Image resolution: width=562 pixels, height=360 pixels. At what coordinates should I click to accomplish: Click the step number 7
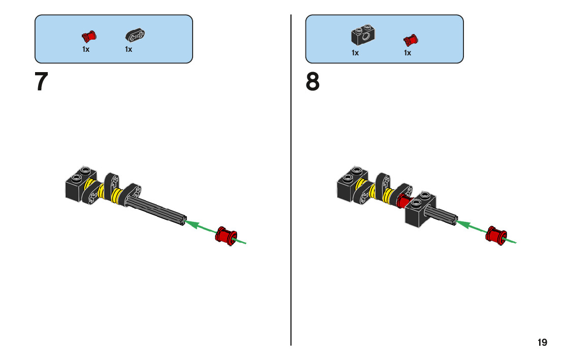(41, 82)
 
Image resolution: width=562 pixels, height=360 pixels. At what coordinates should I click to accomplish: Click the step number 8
(313, 82)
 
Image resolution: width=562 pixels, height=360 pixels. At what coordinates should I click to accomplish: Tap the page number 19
(542, 342)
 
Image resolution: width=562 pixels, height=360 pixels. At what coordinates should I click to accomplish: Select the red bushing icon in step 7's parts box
(89, 37)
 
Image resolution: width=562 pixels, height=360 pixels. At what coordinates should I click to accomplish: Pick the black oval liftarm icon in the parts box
(135, 36)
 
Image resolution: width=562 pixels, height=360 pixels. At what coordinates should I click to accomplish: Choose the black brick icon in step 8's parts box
(363, 35)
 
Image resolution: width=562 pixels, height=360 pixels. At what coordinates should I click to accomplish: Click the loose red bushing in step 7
(226, 235)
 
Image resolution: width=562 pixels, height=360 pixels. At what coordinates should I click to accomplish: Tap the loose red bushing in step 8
(495, 235)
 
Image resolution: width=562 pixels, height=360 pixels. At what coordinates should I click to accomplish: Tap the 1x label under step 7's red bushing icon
(86, 50)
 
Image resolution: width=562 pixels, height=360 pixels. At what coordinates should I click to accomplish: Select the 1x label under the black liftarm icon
(129, 50)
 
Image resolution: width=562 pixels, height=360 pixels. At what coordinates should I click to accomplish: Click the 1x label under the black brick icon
(355, 53)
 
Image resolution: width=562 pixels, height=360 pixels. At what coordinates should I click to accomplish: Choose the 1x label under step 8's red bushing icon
(408, 53)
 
